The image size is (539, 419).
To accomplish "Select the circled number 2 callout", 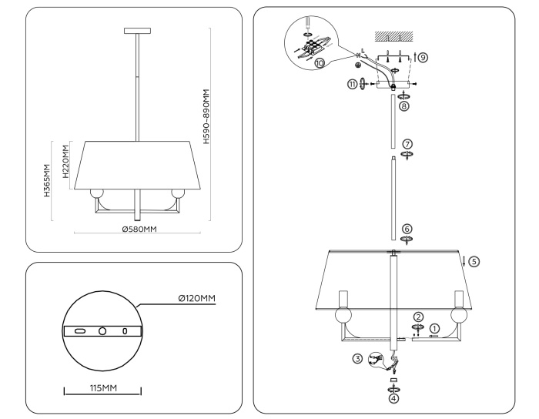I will point(417,316).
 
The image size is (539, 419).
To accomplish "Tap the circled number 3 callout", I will point(357,357).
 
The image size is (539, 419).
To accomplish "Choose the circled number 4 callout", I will point(394,398).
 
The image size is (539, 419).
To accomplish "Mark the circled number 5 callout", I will point(474,262).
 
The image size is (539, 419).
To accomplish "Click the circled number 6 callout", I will point(407,229).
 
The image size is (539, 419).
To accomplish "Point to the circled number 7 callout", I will point(407,144).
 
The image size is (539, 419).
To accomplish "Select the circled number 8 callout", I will point(404,107).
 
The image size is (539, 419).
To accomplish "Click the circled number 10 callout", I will point(320,64).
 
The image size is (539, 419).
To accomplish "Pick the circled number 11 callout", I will point(353,84).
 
